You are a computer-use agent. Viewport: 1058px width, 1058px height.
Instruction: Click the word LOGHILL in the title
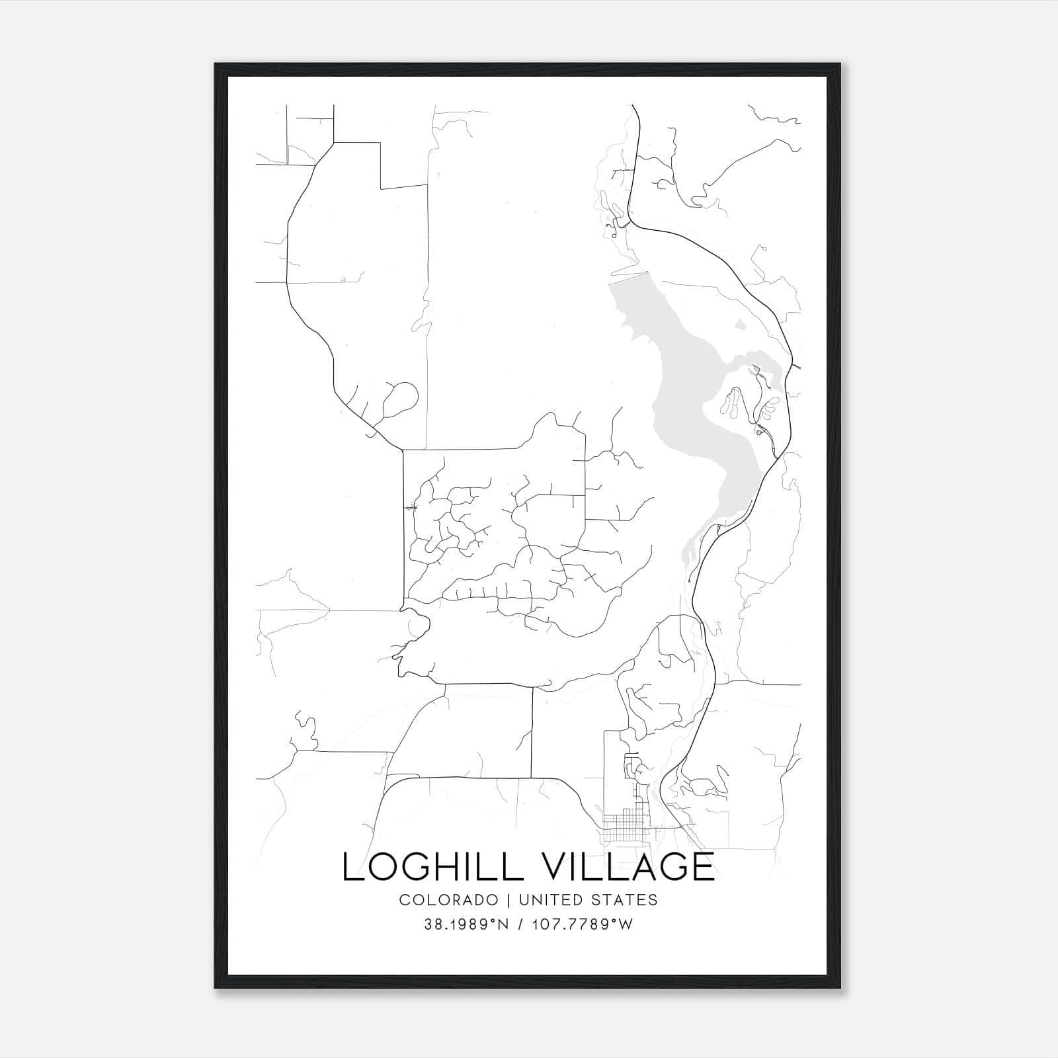point(432,866)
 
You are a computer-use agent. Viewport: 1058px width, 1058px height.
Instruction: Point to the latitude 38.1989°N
point(466,924)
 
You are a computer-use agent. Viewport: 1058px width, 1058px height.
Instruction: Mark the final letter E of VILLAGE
point(704,866)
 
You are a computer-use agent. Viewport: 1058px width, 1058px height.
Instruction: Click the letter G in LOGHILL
point(419,866)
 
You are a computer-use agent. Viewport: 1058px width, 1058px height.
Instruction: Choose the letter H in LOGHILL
point(453,866)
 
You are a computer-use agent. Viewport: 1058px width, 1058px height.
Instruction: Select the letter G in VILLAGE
point(673,866)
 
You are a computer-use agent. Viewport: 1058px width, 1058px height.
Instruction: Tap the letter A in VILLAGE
point(639,866)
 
